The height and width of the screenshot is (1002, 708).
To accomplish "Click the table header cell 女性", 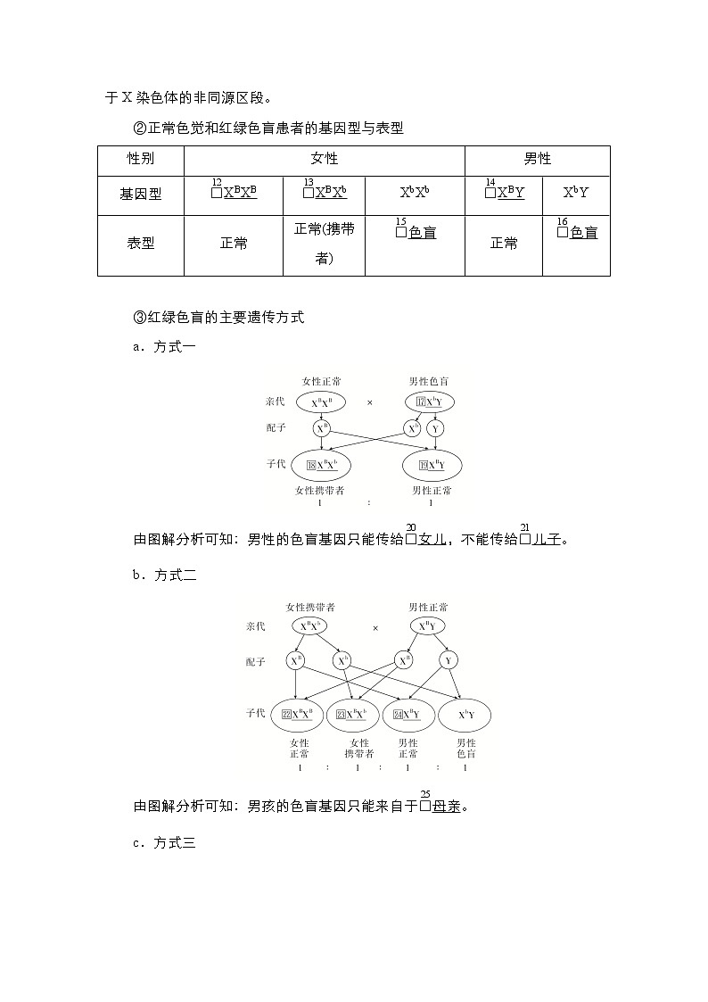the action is (324, 159).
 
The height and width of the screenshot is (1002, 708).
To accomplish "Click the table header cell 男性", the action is (537, 159).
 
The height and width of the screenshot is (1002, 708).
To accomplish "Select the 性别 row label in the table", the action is (140, 159).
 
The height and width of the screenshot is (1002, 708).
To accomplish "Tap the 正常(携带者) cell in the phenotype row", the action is (324, 244).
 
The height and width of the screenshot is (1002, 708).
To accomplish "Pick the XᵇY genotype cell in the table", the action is (576, 193).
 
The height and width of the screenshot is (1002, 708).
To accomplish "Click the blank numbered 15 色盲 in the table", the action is (415, 233).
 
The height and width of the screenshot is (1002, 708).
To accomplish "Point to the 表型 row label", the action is (140, 243).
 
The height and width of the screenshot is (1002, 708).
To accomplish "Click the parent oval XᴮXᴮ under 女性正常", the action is (322, 402).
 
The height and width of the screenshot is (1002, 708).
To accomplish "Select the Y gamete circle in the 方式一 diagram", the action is (435, 429).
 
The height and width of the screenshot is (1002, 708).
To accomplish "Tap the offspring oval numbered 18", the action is (322, 465).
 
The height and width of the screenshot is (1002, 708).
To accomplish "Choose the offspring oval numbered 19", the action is (432, 465).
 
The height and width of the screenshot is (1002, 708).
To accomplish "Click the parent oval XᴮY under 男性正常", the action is (428, 626).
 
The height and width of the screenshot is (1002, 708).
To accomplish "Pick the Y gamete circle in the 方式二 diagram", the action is (449, 661).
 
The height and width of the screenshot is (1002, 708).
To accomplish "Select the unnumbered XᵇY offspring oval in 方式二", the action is (465, 714).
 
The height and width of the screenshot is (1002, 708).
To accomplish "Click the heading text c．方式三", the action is (164, 841).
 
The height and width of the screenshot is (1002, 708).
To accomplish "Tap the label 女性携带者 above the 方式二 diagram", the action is (310, 607).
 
